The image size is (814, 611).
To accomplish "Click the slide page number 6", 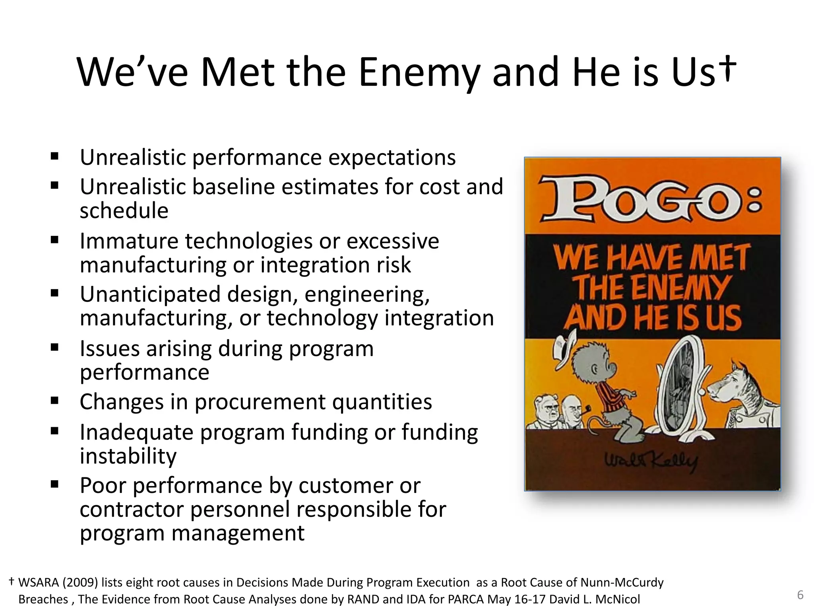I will point(800,595).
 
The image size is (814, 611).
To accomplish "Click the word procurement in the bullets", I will point(260,402).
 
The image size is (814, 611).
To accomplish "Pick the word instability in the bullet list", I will point(128,456).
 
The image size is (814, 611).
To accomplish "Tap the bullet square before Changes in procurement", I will point(55,401).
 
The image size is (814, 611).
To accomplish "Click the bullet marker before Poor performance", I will point(55,484).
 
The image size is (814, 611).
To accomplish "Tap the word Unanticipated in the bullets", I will point(150,295).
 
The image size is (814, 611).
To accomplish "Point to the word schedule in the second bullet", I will point(124,211).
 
